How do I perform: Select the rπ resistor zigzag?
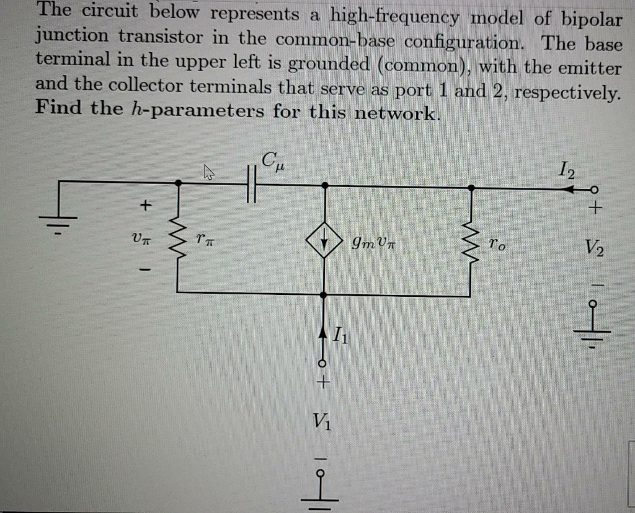click(179, 239)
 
